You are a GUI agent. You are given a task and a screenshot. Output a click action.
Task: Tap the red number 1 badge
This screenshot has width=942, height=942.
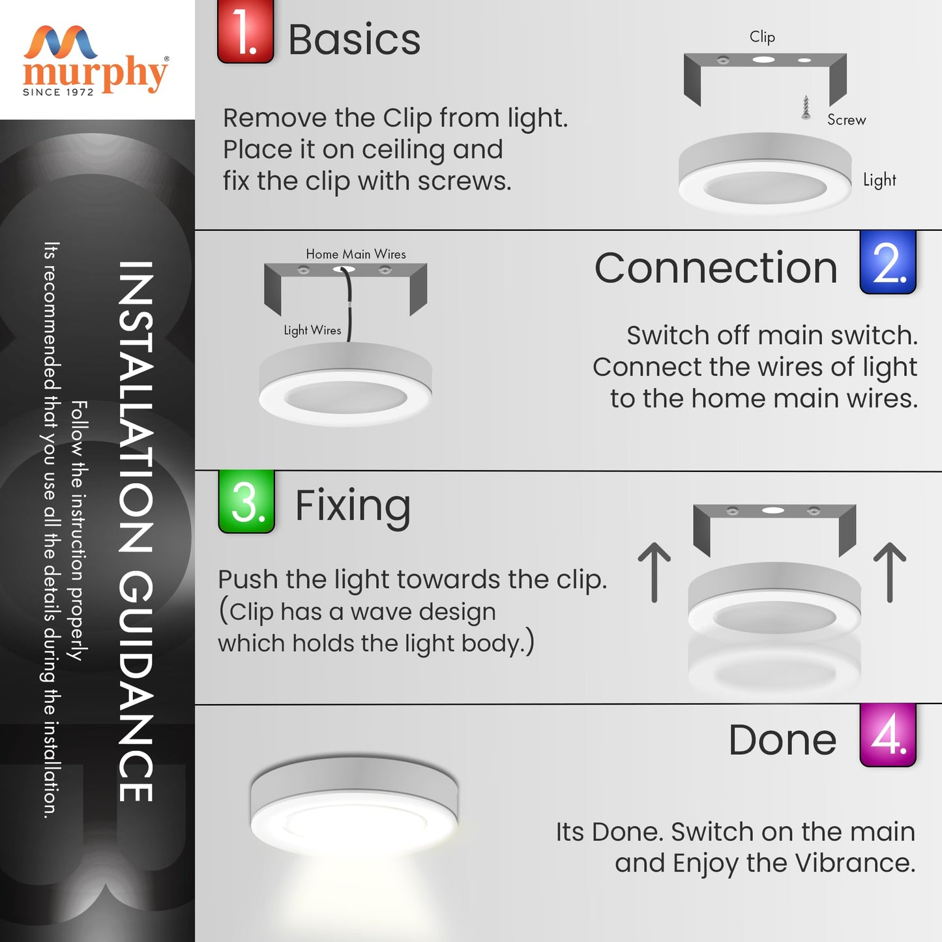[245, 31]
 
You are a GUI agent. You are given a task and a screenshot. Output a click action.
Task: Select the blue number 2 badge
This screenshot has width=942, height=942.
[888, 262]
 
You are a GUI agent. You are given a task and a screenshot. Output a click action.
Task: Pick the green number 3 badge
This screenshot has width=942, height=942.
[246, 501]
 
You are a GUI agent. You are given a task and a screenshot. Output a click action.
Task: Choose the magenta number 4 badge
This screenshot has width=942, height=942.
[888, 735]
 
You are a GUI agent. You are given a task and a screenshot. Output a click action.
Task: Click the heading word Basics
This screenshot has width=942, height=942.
[355, 40]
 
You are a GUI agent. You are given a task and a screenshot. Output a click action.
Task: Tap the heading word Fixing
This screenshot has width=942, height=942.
[353, 508]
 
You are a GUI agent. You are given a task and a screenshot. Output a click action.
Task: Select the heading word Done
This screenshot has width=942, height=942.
[782, 740]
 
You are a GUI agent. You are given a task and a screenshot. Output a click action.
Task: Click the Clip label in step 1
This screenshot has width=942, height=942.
[762, 37]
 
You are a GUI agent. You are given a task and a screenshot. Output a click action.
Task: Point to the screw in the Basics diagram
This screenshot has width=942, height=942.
[806, 107]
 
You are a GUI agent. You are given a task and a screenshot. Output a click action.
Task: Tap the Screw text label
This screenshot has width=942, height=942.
[846, 120]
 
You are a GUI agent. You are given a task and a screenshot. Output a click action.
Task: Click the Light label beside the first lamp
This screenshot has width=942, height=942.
[879, 180]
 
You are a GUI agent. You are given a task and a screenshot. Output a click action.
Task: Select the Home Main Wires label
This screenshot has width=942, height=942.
[356, 254]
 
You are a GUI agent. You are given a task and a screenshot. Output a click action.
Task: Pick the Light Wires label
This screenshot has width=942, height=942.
[312, 331]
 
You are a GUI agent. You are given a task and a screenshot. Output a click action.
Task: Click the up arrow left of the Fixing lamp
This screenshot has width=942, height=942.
[654, 572]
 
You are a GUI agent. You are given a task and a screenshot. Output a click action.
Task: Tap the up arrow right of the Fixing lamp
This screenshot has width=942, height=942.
[890, 572]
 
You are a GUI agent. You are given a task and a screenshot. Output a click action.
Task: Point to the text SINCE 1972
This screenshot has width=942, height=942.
[58, 93]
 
